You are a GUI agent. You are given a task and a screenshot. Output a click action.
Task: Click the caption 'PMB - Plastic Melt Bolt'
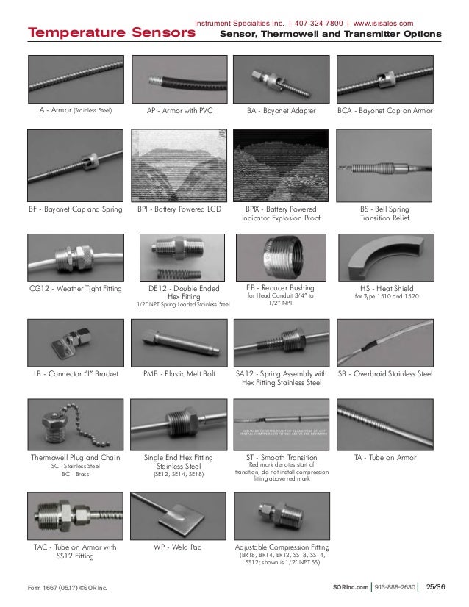179,374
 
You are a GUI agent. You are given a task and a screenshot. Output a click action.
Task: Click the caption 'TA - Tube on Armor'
384,458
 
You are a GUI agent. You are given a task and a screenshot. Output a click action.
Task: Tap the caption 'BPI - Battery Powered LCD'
179,209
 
